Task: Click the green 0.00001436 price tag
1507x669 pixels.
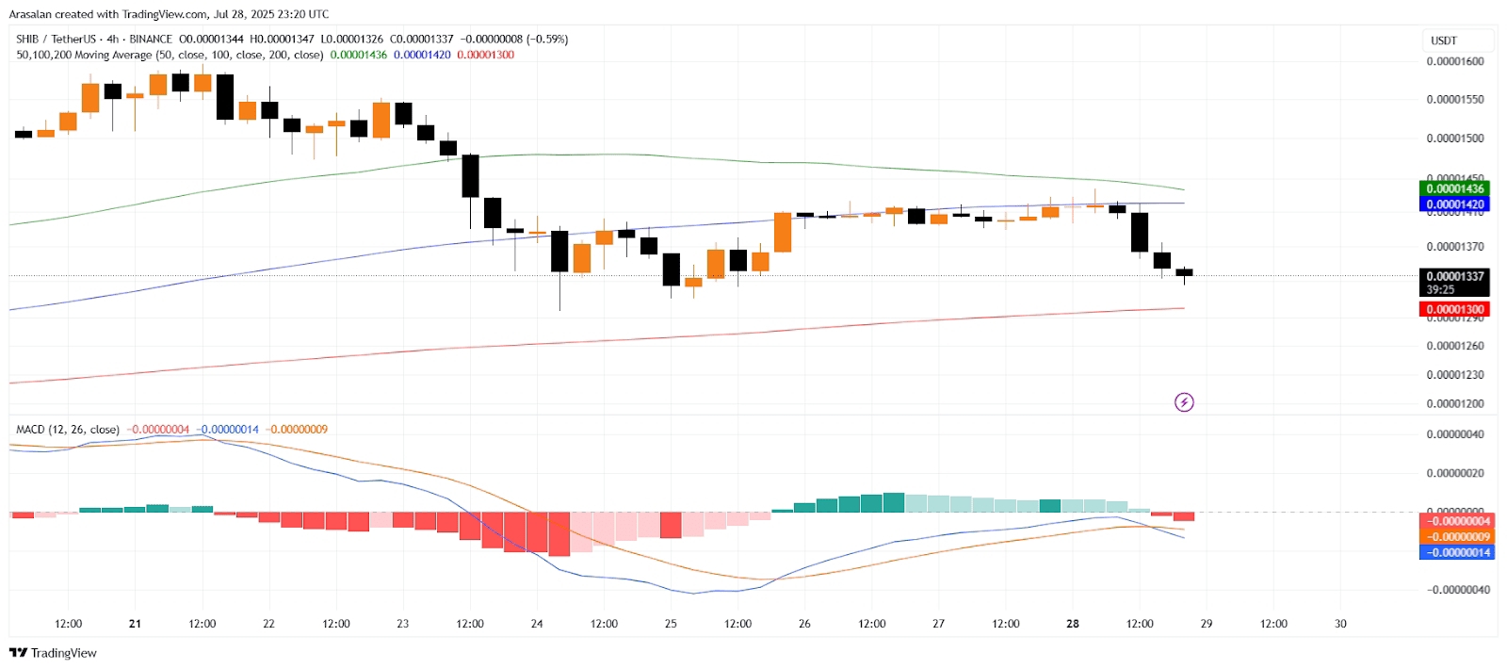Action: coord(1454,188)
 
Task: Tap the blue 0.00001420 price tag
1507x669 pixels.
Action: coord(1454,204)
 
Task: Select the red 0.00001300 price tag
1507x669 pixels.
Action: coord(1454,309)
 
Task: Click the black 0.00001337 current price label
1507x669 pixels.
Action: coord(1454,277)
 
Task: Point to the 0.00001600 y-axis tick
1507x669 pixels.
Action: coord(1454,61)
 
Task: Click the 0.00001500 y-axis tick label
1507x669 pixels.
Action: coord(1454,139)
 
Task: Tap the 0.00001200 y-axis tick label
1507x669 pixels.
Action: coord(1454,403)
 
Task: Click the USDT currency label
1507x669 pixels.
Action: coord(1444,41)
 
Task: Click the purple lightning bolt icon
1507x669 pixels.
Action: coord(1184,402)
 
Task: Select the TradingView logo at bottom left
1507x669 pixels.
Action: coord(53,653)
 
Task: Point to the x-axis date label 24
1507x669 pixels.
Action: coord(537,624)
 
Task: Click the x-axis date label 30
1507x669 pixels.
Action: coord(1340,624)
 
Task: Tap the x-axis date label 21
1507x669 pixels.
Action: coord(135,624)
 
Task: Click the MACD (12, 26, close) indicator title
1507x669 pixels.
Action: coord(68,430)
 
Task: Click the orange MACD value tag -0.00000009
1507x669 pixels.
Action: coord(1454,537)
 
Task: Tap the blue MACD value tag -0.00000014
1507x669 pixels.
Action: coord(1454,553)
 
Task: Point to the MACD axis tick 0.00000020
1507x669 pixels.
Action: coord(1454,473)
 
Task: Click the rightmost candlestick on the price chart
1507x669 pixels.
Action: coord(1184,272)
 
